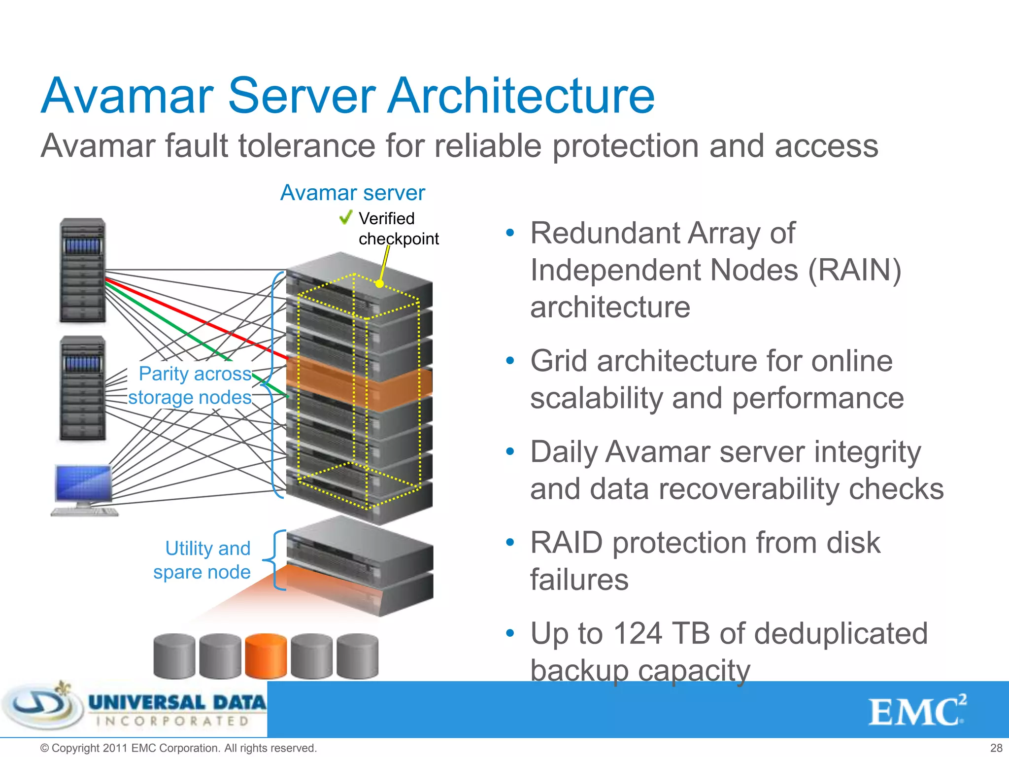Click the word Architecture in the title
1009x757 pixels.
pyautogui.click(x=521, y=96)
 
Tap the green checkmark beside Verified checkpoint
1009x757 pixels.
pyautogui.click(x=346, y=217)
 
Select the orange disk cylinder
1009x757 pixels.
pyautogui.click(x=266, y=656)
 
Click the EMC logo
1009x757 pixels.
pyautogui.click(x=916, y=711)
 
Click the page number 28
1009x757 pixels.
pyautogui.click(x=996, y=748)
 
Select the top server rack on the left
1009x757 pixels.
pyautogui.click(x=82, y=270)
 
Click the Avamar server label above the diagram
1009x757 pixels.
pyautogui.click(x=352, y=193)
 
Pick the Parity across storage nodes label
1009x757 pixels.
pyautogui.click(x=192, y=385)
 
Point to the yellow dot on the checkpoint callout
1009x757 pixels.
pyautogui.click(x=379, y=284)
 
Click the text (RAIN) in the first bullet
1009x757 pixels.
pyautogui.click(x=854, y=270)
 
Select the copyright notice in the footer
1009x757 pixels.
pyautogui.click(x=178, y=748)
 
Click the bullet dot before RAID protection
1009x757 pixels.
pyautogui.click(x=510, y=542)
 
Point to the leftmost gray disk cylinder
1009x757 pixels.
pyautogui.click(x=174, y=656)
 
